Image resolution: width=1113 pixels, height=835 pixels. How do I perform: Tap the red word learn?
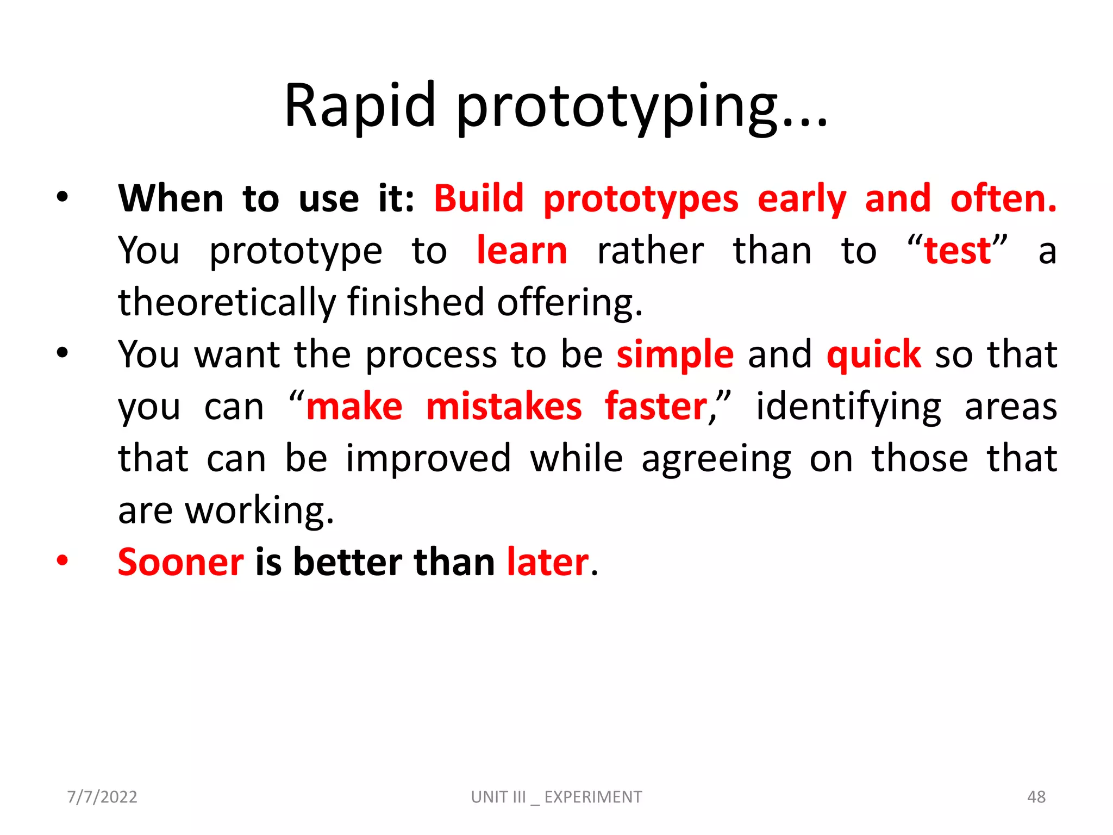(522, 251)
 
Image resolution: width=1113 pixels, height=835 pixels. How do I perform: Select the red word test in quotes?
(958, 251)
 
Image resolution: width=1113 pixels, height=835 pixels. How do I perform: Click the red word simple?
(675, 355)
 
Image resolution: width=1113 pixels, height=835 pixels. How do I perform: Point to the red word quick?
(873, 355)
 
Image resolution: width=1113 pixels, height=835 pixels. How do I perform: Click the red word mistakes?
(504, 407)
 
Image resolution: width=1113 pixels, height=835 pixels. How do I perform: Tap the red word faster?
(656, 407)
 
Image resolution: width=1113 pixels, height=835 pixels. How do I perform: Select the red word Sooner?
(181, 562)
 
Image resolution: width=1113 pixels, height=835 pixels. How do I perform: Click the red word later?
(548, 562)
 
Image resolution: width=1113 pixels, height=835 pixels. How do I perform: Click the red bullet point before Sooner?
(62, 560)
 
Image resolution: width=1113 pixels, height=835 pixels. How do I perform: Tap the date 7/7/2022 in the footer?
(102, 797)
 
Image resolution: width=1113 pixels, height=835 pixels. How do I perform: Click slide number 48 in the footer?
(1036, 797)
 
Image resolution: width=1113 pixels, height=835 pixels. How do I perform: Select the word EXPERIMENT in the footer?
(593, 797)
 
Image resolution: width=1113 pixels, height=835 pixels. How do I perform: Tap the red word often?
(1003, 198)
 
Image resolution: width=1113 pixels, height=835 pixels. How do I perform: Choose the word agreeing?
(716, 459)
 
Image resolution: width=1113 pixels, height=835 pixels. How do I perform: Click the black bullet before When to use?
(62, 197)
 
